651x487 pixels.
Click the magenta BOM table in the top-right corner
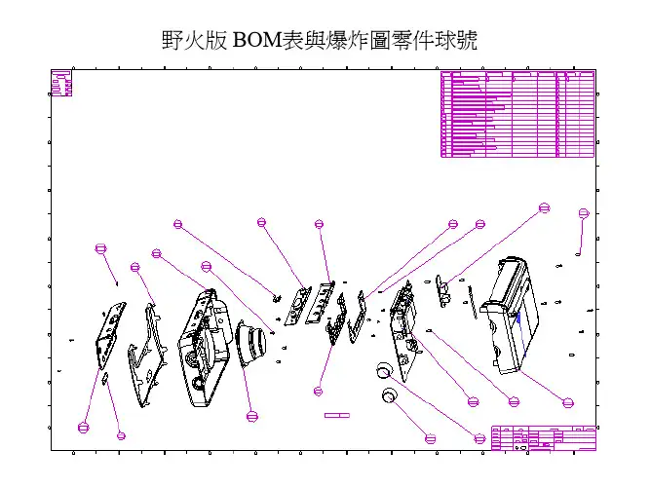pyautogui.click(x=517, y=114)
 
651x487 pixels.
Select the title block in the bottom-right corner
pyautogui.click(x=544, y=437)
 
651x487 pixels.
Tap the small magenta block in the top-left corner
pyautogui.click(x=61, y=84)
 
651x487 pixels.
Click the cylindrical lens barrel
pyautogui.click(x=254, y=345)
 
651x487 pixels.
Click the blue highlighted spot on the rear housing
pyautogui.click(x=520, y=316)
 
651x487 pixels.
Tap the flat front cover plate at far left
pyautogui.click(x=111, y=336)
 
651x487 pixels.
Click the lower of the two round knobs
pyautogui.click(x=391, y=395)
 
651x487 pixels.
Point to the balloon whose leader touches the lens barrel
pyautogui.click(x=252, y=416)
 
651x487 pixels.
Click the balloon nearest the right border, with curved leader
pyautogui.click(x=583, y=213)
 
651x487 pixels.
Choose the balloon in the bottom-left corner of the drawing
pyautogui.click(x=83, y=427)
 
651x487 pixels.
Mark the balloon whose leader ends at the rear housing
pyautogui.click(x=568, y=400)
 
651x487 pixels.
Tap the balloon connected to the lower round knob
pyautogui.click(x=431, y=437)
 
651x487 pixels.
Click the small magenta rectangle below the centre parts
pyautogui.click(x=336, y=415)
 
